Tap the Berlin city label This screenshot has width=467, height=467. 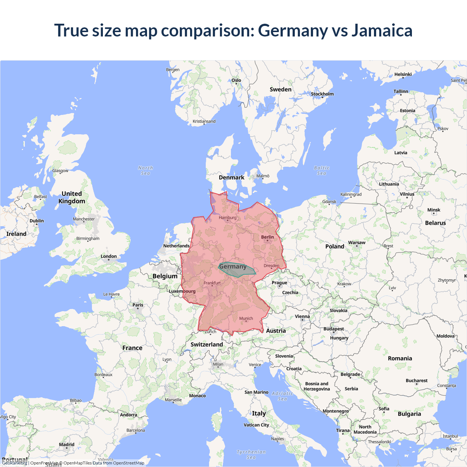[267, 237]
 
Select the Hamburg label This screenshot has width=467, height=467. [228, 218]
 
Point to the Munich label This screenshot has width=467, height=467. [246, 319]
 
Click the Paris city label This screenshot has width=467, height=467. [138, 305]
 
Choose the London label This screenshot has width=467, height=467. [109, 256]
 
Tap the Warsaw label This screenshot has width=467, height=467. [356, 243]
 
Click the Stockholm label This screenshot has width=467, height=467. [322, 94]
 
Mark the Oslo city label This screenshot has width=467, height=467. [236, 80]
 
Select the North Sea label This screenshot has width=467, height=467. [146, 170]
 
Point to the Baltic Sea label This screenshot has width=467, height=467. [321, 170]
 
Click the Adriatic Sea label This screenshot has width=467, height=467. [282, 396]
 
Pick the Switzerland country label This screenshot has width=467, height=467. [207, 344]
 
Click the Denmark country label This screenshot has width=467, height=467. [231, 178]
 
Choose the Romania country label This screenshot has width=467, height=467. [400, 359]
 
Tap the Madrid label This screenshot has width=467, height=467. [67, 445]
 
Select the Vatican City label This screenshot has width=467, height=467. [256, 425]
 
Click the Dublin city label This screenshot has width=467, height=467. [36, 221]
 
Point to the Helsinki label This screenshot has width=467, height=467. [403, 74]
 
